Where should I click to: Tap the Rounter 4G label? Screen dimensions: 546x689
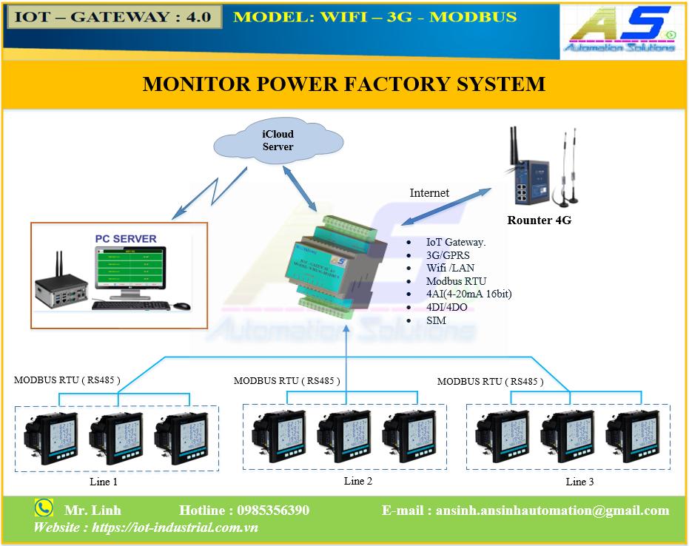tap(539, 220)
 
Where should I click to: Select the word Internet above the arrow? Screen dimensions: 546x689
tap(429, 193)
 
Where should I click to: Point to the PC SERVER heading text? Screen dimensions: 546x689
tap(125, 239)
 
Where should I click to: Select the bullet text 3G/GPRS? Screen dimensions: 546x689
tap(448, 255)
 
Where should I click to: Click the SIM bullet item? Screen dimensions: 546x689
tap(436, 320)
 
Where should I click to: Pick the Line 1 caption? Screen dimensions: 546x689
tap(104, 482)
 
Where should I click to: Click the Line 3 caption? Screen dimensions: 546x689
tap(579, 482)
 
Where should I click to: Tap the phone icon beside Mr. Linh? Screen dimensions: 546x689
tap(44, 508)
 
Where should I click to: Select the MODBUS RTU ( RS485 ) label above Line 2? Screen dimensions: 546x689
tap(286, 381)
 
